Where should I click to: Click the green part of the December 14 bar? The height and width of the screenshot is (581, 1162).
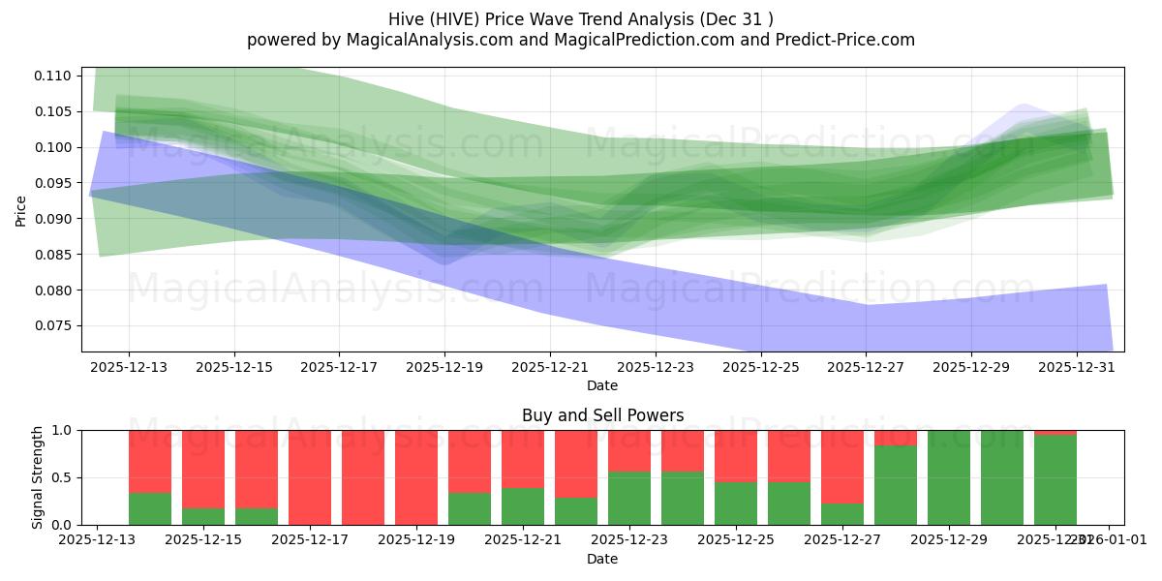click(x=150, y=508)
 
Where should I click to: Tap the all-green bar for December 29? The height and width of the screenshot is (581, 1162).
click(x=949, y=477)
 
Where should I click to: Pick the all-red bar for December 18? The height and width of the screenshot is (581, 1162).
click(x=363, y=477)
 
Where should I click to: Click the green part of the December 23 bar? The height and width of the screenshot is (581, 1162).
click(x=629, y=499)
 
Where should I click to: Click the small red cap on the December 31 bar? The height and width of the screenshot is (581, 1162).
click(x=1055, y=432)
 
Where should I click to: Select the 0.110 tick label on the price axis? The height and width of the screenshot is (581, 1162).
click(x=56, y=76)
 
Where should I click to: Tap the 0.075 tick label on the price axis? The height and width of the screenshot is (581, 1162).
click(x=56, y=326)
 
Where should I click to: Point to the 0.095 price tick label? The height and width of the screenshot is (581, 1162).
click(x=56, y=183)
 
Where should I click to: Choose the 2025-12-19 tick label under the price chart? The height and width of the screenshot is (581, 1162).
click(x=444, y=368)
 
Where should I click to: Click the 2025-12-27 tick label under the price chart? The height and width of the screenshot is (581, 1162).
click(x=866, y=368)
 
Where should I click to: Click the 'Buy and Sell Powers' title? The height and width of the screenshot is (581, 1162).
click(x=602, y=415)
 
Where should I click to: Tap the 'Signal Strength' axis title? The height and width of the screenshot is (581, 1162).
click(x=38, y=477)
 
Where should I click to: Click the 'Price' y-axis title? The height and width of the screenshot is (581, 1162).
click(x=21, y=209)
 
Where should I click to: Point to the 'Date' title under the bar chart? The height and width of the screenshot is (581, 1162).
click(x=602, y=559)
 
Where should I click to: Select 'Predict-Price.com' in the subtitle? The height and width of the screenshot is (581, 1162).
click(x=852, y=40)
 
